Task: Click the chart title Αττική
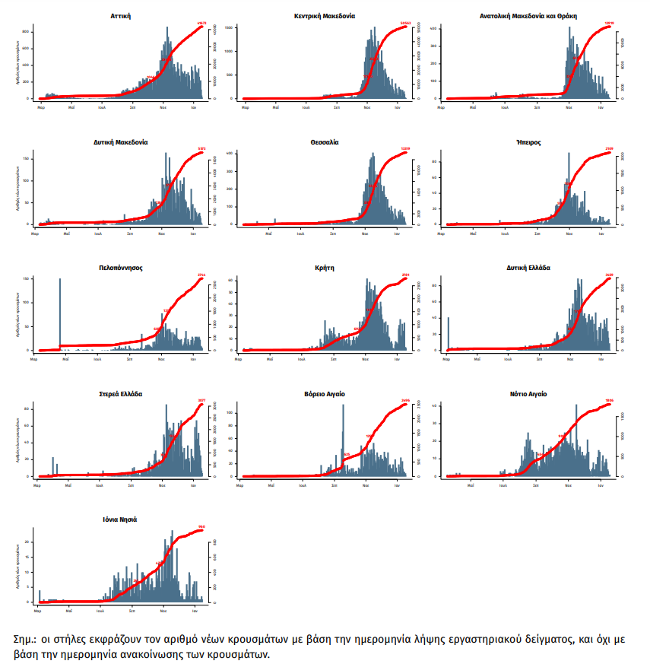click(121, 15)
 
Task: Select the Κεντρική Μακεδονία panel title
click(324, 15)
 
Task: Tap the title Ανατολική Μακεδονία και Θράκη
click(528, 15)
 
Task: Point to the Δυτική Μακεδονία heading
click(121, 141)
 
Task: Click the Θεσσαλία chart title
click(324, 141)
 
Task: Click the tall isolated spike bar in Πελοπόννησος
click(60, 312)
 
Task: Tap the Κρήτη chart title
click(325, 268)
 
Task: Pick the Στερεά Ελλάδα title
click(121, 394)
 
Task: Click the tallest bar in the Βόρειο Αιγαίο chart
click(343, 441)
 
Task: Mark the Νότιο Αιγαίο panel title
click(528, 394)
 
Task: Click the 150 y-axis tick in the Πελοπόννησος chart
click(27, 279)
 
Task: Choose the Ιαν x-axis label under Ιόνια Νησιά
click(195, 611)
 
